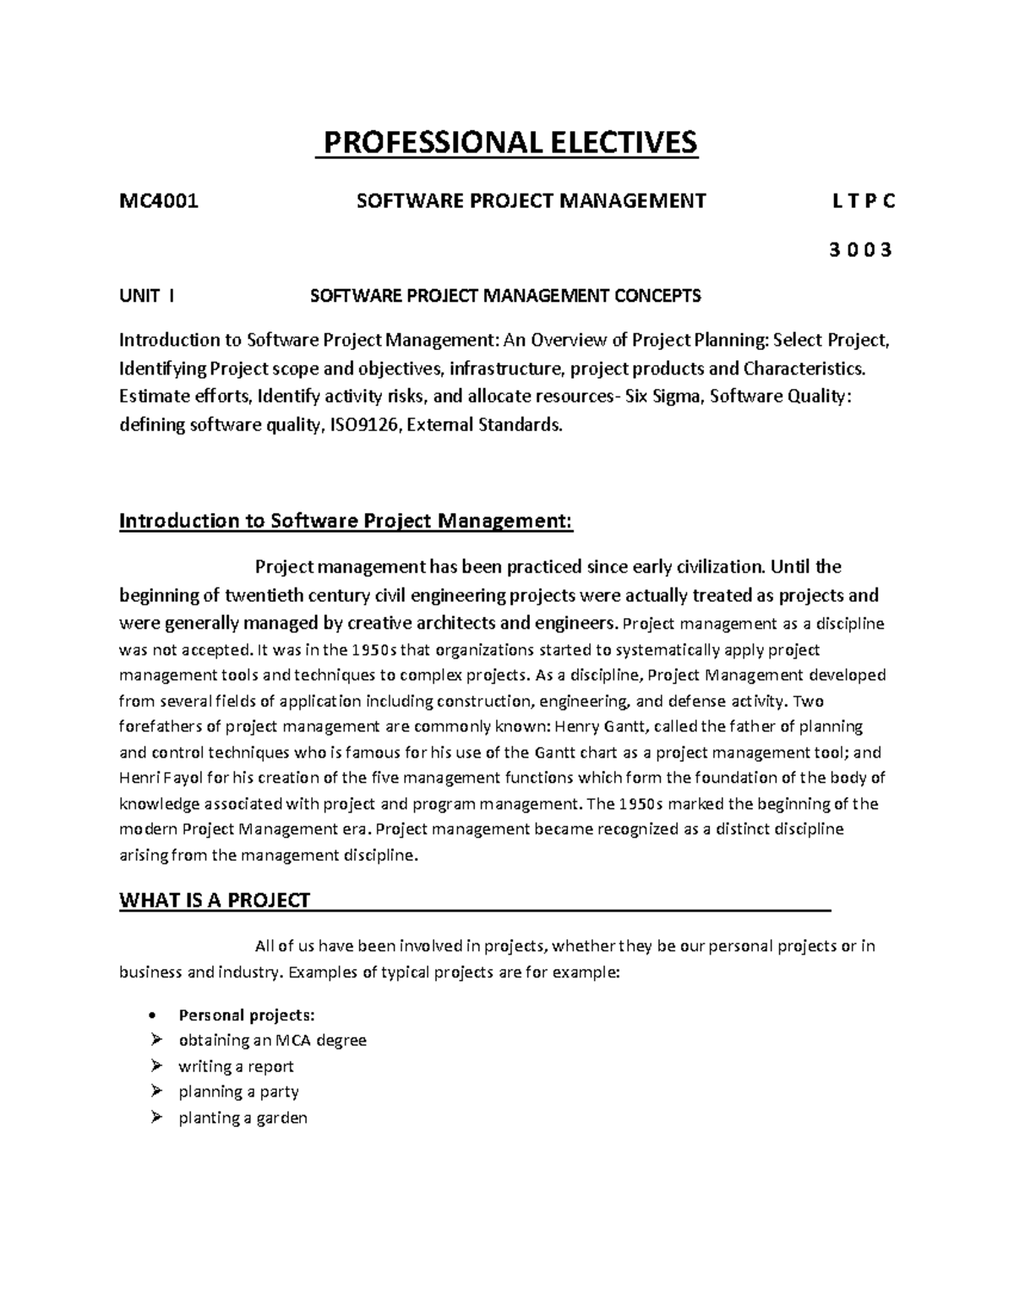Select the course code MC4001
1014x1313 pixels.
coord(160,201)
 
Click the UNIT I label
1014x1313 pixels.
coord(148,296)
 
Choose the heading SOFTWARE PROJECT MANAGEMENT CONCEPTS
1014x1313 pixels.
coord(505,296)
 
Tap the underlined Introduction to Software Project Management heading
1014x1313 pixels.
coord(346,521)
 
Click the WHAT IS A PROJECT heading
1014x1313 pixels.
coord(215,900)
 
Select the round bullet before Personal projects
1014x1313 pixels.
coord(152,1015)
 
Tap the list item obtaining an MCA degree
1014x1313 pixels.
coord(272,1041)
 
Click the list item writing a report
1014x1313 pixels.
coord(236,1066)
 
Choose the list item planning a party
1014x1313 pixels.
coord(238,1091)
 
